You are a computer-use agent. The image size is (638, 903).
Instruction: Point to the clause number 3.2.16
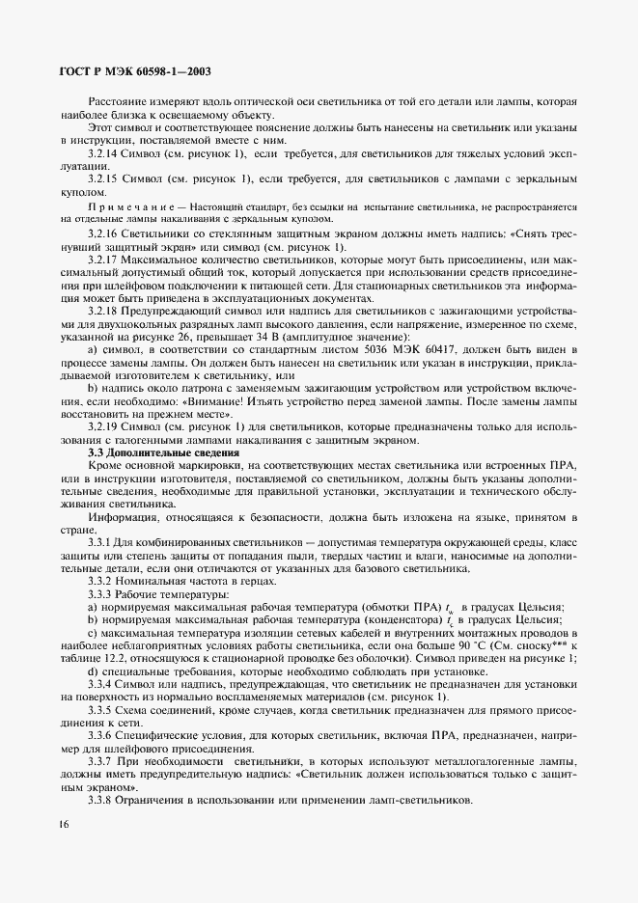click(104, 234)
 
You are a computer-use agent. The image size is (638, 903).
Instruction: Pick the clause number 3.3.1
click(101, 544)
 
